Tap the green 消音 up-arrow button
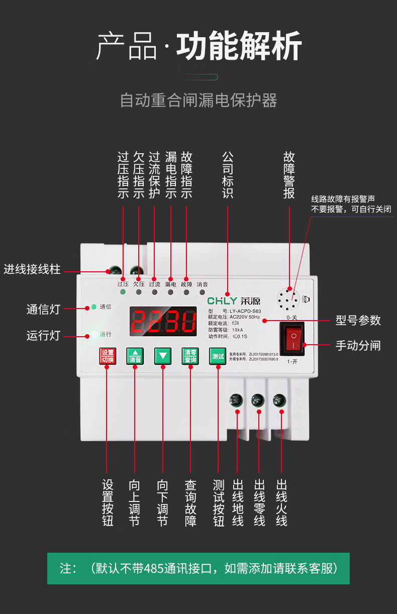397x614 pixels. [135, 356]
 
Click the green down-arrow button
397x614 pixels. [163, 356]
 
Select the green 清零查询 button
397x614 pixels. [190, 356]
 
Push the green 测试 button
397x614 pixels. [218, 356]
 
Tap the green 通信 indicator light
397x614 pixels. [93, 306]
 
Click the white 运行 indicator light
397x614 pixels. [93, 334]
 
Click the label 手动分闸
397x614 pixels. [358, 345]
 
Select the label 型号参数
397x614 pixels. [358, 320]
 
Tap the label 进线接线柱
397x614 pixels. [32, 269]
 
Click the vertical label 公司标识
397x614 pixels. [228, 175]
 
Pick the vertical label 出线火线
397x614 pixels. [281, 503]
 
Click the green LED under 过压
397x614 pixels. [123, 292]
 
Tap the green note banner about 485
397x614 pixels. [198, 568]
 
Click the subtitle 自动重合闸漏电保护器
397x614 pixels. [198, 100]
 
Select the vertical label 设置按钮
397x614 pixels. [108, 503]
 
